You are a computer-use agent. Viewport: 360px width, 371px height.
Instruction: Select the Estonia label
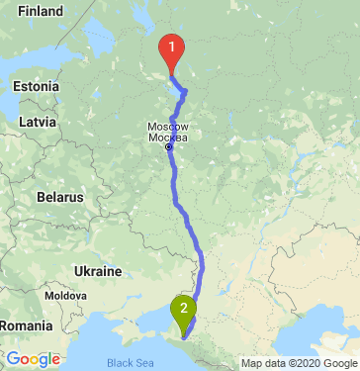pyautogui.click(x=38, y=87)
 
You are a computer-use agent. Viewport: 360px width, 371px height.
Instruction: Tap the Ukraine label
pyautogui.click(x=98, y=270)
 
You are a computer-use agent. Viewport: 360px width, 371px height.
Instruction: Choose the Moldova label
pyautogui.click(x=66, y=296)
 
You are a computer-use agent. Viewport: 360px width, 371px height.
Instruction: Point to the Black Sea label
pyautogui.click(x=127, y=362)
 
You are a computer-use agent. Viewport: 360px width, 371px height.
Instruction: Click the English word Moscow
pyautogui.click(x=167, y=127)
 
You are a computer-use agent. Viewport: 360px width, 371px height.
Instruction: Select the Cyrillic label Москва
pyautogui.click(x=167, y=138)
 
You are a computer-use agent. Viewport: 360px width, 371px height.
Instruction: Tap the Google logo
pyautogui.click(x=33, y=358)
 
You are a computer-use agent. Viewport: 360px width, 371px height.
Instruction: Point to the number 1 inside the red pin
pyautogui.click(x=172, y=45)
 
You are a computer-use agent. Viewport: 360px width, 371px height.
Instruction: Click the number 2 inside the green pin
pyautogui.click(x=183, y=306)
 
